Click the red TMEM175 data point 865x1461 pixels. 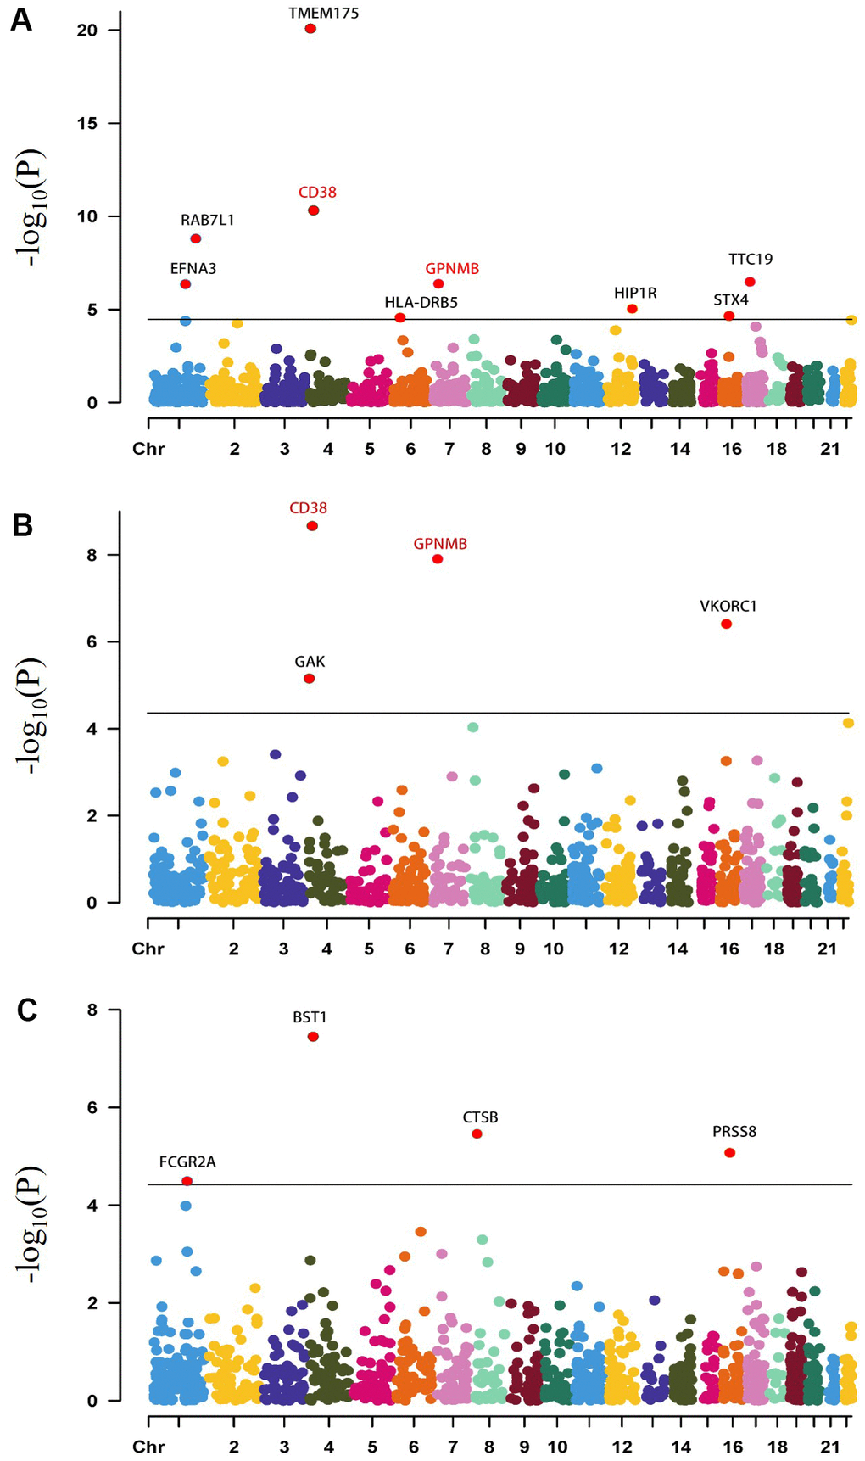click(x=310, y=29)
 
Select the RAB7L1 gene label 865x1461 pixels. click(x=207, y=220)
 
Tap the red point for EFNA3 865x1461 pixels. click(x=186, y=284)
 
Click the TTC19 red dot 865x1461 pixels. click(x=750, y=282)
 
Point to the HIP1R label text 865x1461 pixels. click(x=635, y=293)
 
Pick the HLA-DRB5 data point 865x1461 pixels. click(x=400, y=318)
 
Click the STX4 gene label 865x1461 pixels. click(x=731, y=299)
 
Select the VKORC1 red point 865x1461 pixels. click(x=726, y=624)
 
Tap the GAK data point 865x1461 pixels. click(x=310, y=679)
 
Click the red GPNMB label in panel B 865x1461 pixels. click(x=440, y=544)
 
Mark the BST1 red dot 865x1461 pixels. click(x=313, y=1037)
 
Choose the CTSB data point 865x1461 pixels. click(x=477, y=1134)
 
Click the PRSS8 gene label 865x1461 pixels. click(x=734, y=1131)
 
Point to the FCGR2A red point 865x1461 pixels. click(x=187, y=1181)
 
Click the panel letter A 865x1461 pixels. click(x=21, y=20)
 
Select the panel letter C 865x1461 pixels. click(x=27, y=1010)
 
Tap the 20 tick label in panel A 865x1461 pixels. click(x=86, y=30)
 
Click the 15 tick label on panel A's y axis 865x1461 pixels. click(x=86, y=123)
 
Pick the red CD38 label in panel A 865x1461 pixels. click(x=317, y=192)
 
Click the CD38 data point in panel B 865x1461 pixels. click(x=312, y=526)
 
